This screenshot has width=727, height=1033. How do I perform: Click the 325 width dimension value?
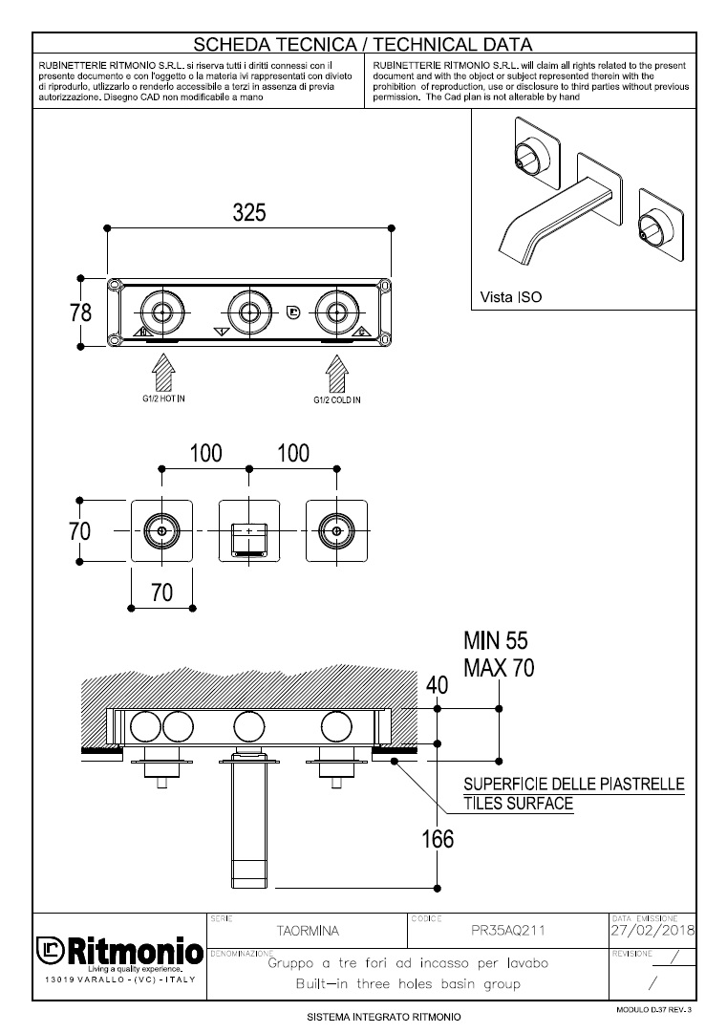coord(249,212)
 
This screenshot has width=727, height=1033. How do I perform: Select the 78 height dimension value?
coord(81,312)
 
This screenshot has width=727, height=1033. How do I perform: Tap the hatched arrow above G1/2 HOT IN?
coord(162,370)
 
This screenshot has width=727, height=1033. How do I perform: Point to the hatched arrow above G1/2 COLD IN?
coord(336,370)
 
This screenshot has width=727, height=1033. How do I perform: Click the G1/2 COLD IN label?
coord(337,399)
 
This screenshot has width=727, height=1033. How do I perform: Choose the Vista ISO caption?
coord(510,297)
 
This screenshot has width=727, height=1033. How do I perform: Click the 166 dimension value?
coord(438,839)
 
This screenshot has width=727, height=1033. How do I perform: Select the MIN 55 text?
coord(495,640)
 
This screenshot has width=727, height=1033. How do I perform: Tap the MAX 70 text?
coord(498,667)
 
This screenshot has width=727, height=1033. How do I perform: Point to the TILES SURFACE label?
coord(518,804)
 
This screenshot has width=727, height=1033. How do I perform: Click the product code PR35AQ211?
coord(510,929)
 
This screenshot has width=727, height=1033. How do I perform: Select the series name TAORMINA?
coord(307,929)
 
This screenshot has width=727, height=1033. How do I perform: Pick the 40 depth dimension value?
coord(437,685)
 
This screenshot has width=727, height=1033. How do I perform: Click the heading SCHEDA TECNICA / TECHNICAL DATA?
coord(363,44)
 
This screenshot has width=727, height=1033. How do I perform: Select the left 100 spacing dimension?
coord(205,453)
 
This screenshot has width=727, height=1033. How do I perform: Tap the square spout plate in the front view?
coord(249,530)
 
